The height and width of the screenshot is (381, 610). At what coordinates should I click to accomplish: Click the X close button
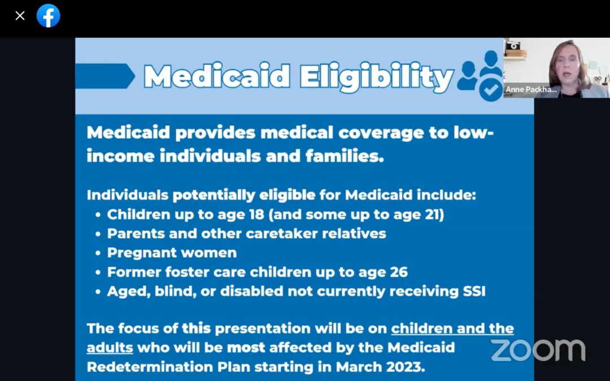pos(20,16)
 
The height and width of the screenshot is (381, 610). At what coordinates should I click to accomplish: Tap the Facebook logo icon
pos(49,16)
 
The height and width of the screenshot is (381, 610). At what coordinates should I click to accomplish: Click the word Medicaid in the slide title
pos(217,77)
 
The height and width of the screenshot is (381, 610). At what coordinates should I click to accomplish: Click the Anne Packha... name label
pos(531,89)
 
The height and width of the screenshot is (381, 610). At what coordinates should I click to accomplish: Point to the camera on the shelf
pos(513,46)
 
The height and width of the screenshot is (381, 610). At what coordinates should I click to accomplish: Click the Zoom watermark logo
pos(537,350)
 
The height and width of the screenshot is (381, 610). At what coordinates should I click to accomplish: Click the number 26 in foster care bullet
pos(398,271)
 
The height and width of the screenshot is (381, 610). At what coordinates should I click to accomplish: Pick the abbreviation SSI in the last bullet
pos(473,291)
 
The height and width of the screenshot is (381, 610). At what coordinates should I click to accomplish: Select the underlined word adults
pos(110,347)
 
